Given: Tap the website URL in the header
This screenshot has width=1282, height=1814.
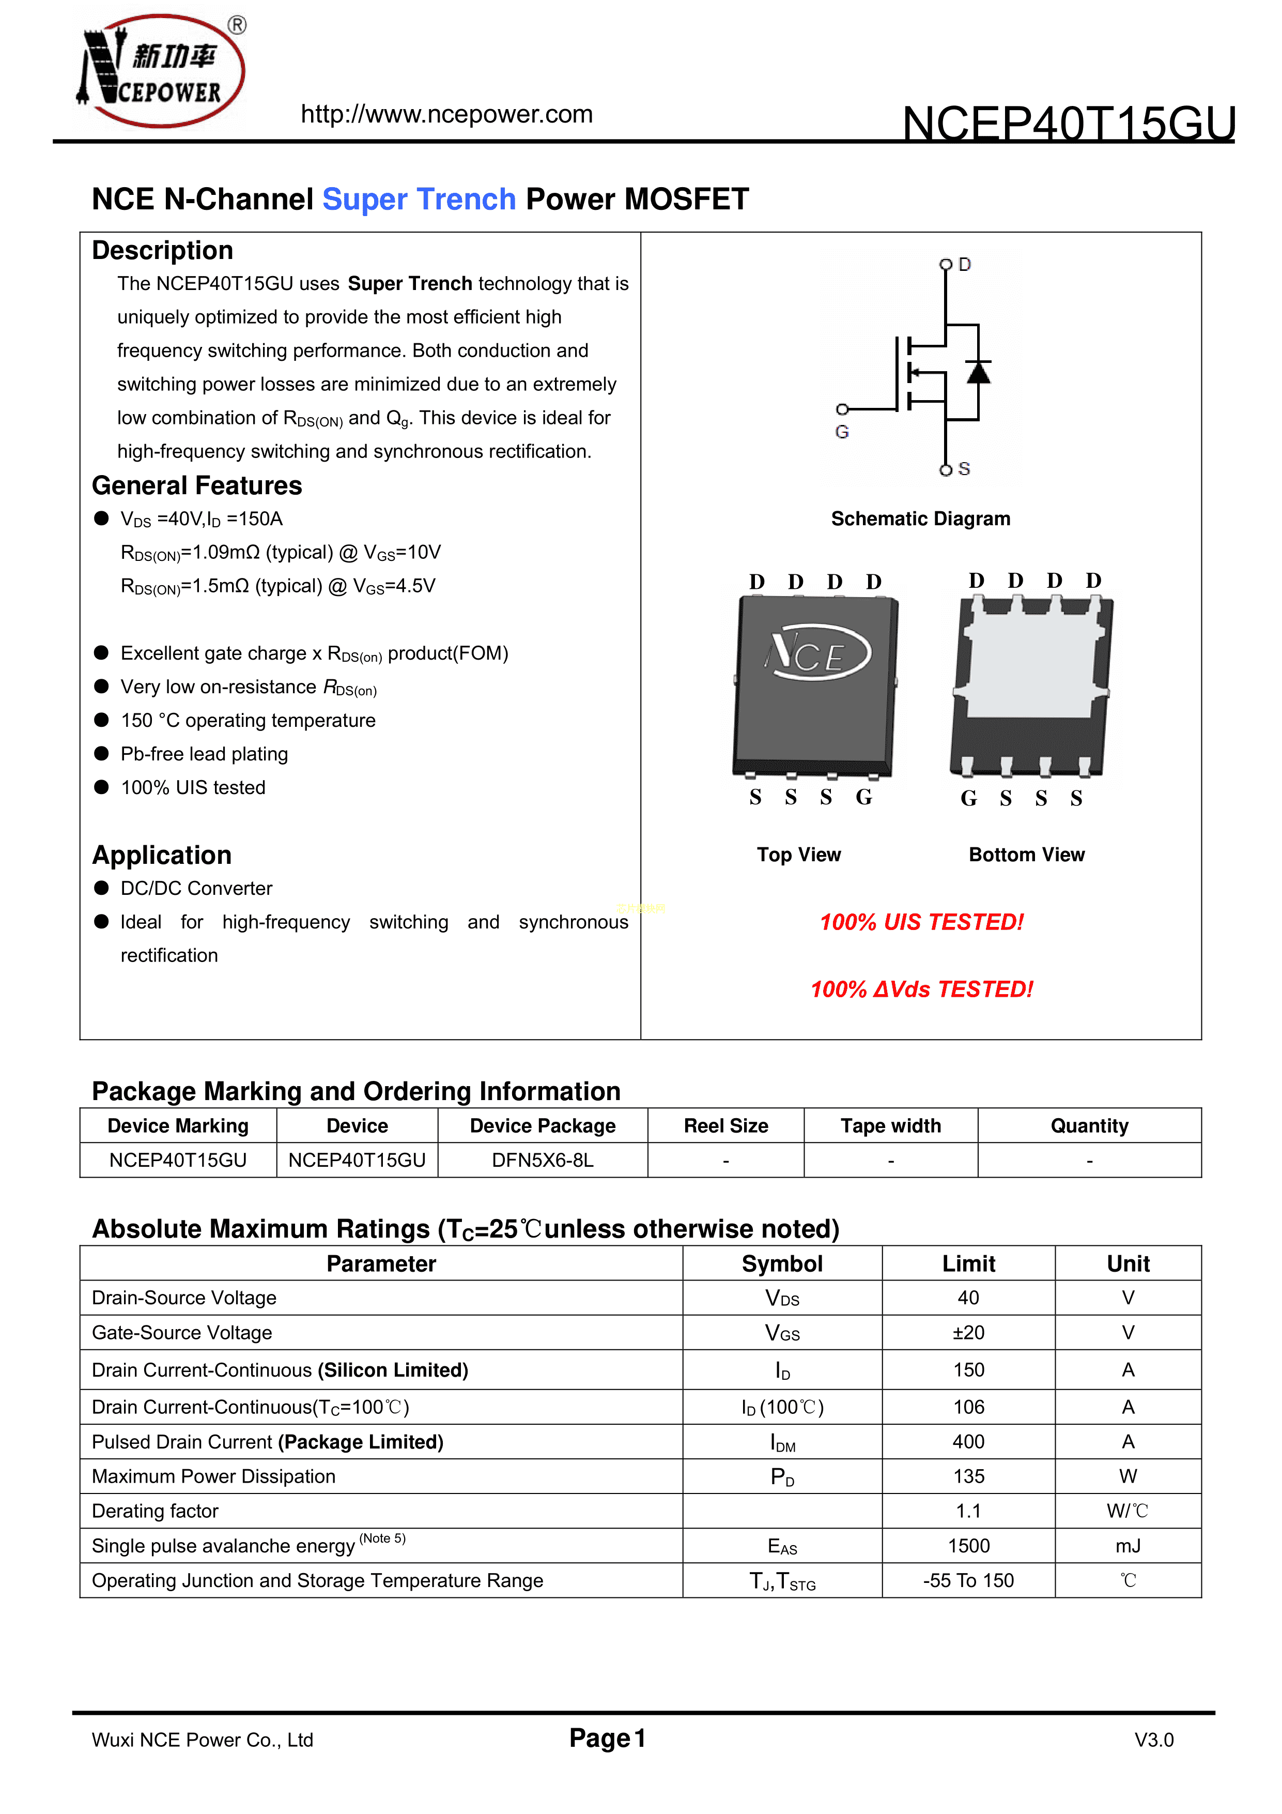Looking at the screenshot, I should pyautogui.click(x=446, y=115).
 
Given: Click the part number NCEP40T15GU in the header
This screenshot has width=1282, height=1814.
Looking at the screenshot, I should pyautogui.click(x=1069, y=124).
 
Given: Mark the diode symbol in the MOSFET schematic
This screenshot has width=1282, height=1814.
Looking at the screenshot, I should pyautogui.click(x=979, y=371).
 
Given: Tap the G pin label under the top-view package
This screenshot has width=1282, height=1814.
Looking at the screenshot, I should pyautogui.click(x=864, y=797).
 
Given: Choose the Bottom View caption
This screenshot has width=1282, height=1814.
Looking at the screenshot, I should pyautogui.click(x=1026, y=855).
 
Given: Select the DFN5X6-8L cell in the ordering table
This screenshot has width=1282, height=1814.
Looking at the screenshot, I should pyautogui.click(x=543, y=1160).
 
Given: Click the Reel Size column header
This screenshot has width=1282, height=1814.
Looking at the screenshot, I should pyautogui.click(x=726, y=1126).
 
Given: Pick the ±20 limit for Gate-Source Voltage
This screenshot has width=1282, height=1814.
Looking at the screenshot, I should pyautogui.click(x=968, y=1333).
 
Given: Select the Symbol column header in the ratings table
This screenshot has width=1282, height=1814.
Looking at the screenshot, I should pyautogui.click(x=782, y=1263).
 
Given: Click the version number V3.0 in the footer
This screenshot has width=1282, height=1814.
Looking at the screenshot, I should pyautogui.click(x=1153, y=1740).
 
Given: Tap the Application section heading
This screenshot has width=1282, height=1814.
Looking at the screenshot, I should pyautogui.click(x=162, y=855).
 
